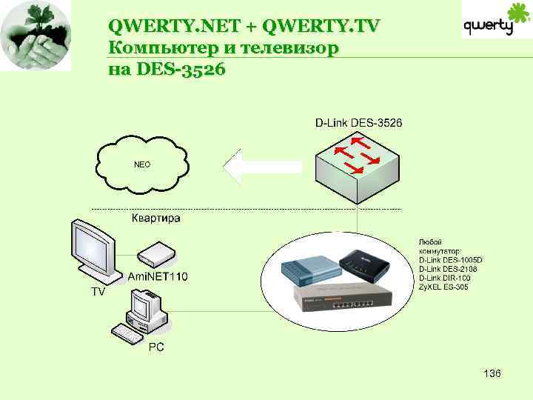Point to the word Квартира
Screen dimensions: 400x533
[x=155, y=219]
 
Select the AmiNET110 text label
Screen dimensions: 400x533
[x=158, y=277]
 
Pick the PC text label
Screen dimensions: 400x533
[x=156, y=346]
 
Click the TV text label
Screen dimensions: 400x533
[x=98, y=292]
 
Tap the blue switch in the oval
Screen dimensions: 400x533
[x=309, y=270]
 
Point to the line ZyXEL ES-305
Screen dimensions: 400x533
[x=443, y=287]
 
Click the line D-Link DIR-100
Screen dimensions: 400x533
[x=444, y=278]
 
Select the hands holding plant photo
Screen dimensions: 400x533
[x=36, y=36]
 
